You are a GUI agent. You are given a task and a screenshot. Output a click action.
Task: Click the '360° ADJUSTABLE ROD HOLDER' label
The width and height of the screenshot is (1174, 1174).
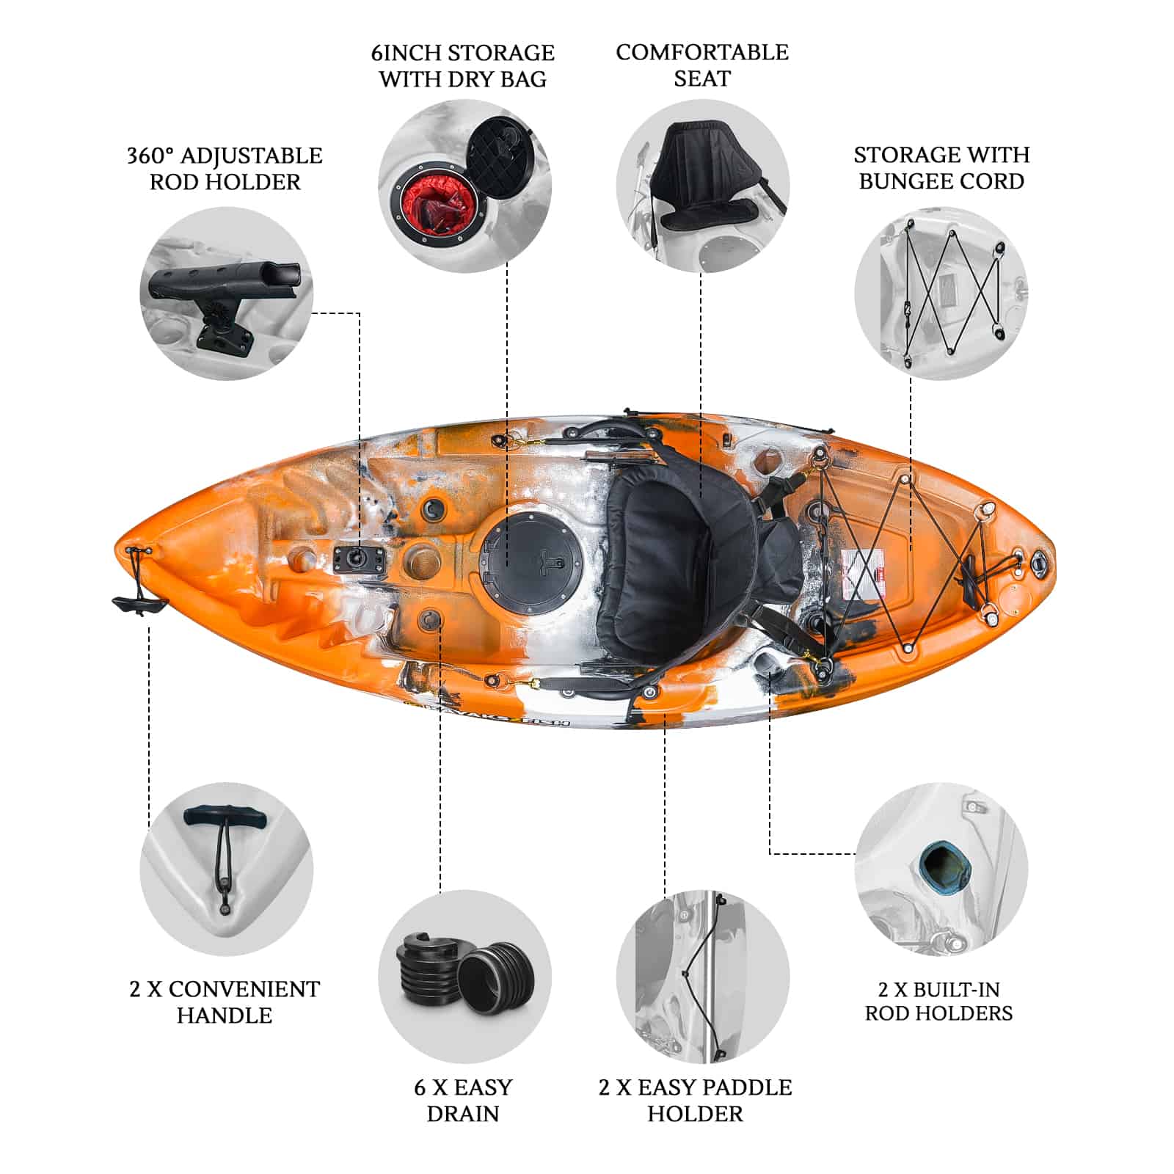coord(225,169)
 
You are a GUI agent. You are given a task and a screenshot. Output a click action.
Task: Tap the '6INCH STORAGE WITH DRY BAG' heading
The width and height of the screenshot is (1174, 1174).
coord(463,66)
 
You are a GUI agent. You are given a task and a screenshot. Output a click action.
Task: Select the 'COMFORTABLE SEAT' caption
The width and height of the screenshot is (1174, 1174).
coord(702,65)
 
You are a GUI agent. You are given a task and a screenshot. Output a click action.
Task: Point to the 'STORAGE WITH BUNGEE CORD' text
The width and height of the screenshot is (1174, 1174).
coord(941,168)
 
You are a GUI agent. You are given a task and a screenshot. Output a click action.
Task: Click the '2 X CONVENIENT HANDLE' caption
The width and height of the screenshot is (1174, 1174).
coord(225,1002)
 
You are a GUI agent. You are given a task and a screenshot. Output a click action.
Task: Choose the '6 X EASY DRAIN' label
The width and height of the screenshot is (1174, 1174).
coord(463,1101)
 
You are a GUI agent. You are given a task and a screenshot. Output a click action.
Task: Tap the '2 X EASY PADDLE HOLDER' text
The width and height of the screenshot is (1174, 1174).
coord(695,1101)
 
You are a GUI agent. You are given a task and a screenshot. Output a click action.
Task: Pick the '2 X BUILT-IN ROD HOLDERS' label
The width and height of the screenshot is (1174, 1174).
coord(939,1002)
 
